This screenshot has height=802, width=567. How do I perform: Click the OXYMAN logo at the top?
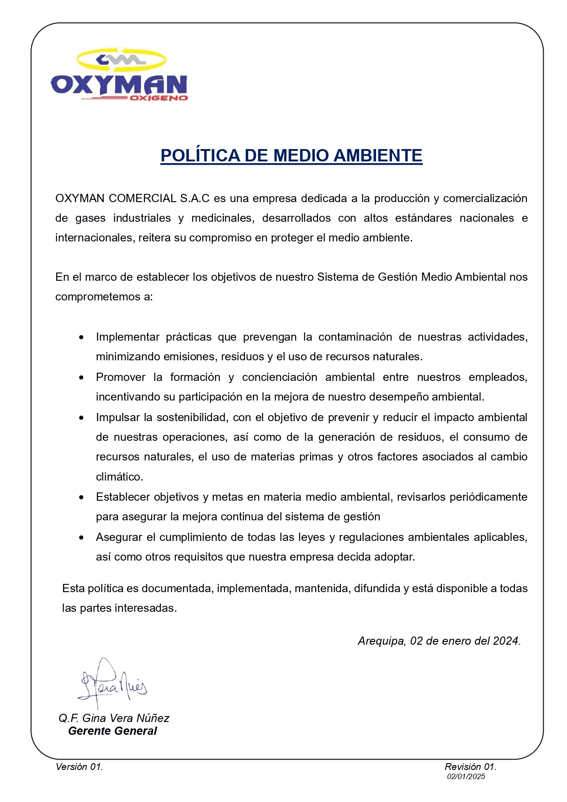(x=119, y=75)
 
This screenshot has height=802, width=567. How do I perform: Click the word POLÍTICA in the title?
(x=200, y=156)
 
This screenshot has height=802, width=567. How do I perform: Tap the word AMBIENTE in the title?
(x=378, y=156)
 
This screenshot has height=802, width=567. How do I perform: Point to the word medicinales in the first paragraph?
(x=223, y=218)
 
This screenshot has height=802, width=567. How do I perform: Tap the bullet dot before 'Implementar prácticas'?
(x=81, y=337)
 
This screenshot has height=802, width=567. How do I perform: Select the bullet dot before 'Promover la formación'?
(x=81, y=378)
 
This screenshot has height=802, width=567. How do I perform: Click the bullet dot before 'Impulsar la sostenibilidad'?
(x=81, y=418)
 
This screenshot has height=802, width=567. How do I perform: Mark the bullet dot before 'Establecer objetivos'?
(x=81, y=497)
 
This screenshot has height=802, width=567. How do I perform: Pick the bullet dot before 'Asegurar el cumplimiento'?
(x=81, y=538)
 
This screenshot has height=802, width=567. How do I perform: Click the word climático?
(x=119, y=477)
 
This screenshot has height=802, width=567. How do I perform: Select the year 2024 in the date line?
(x=506, y=641)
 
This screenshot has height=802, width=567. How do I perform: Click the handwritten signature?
(x=112, y=684)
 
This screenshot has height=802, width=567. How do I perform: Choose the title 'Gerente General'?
(x=112, y=731)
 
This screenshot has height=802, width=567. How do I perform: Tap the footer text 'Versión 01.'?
(x=79, y=767)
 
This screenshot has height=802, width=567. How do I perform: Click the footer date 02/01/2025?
(x=466, y=776)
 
